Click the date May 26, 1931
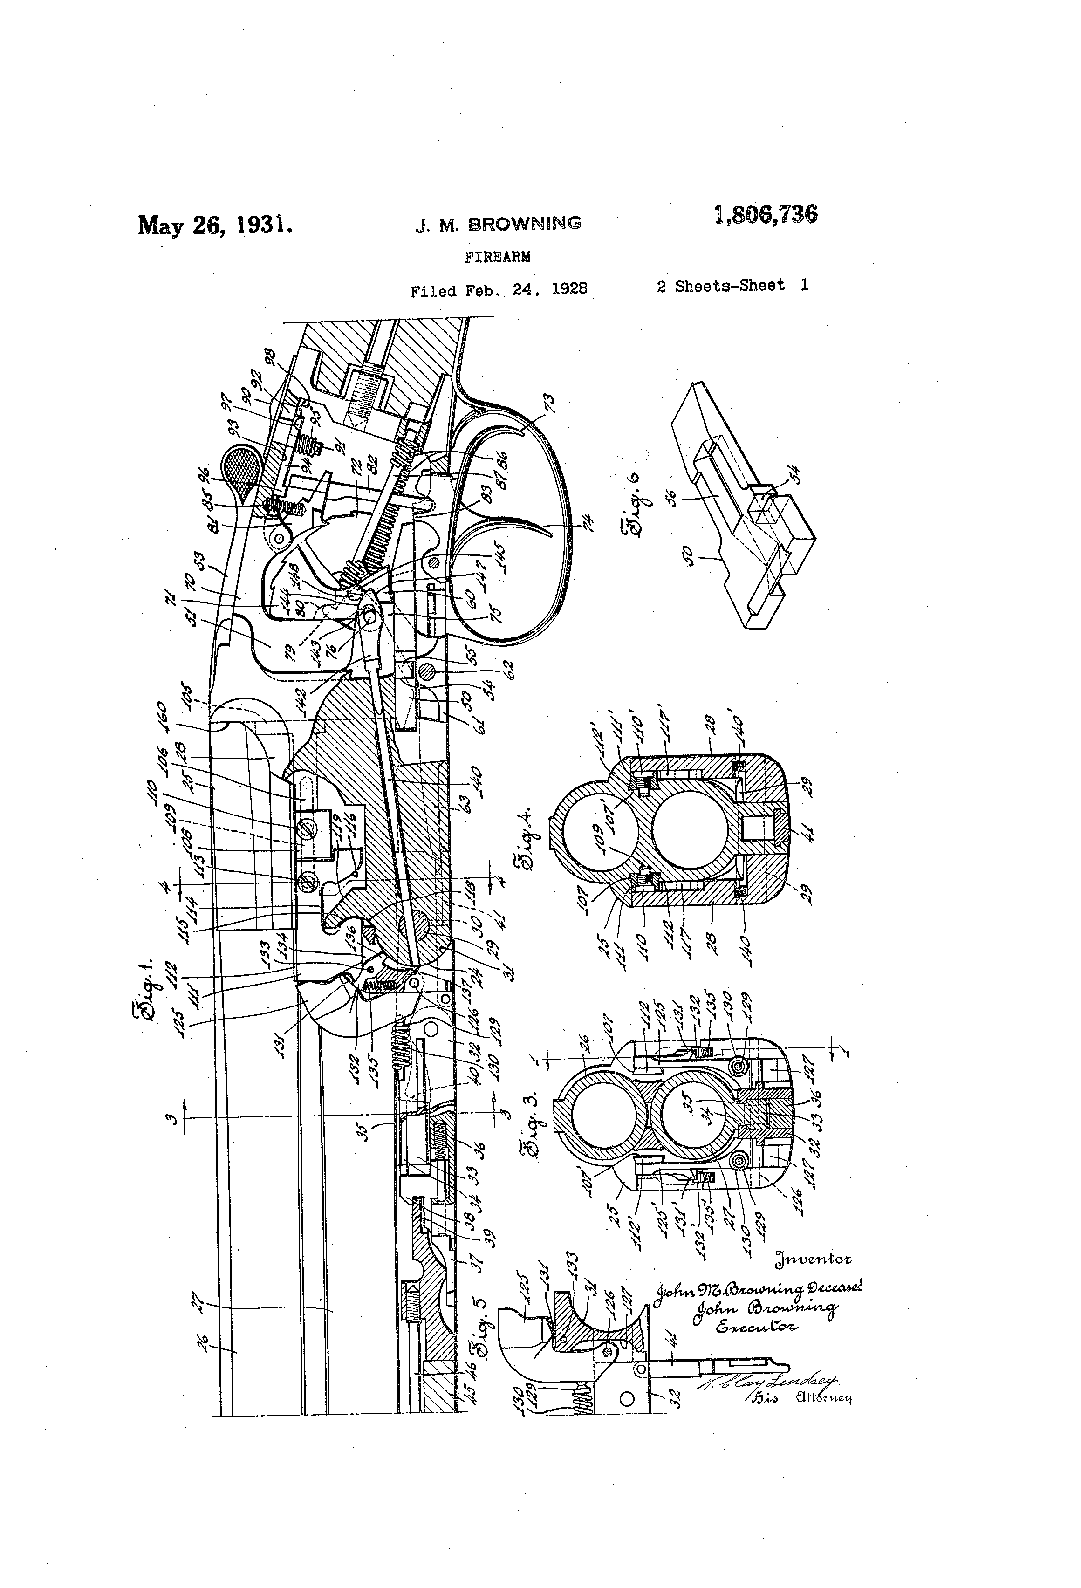tap(216, 226)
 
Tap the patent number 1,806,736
tap(765, 215)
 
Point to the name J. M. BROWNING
tap(499, 224)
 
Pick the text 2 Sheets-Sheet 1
tap(732, 286)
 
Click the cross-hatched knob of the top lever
tap(237, 467)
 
